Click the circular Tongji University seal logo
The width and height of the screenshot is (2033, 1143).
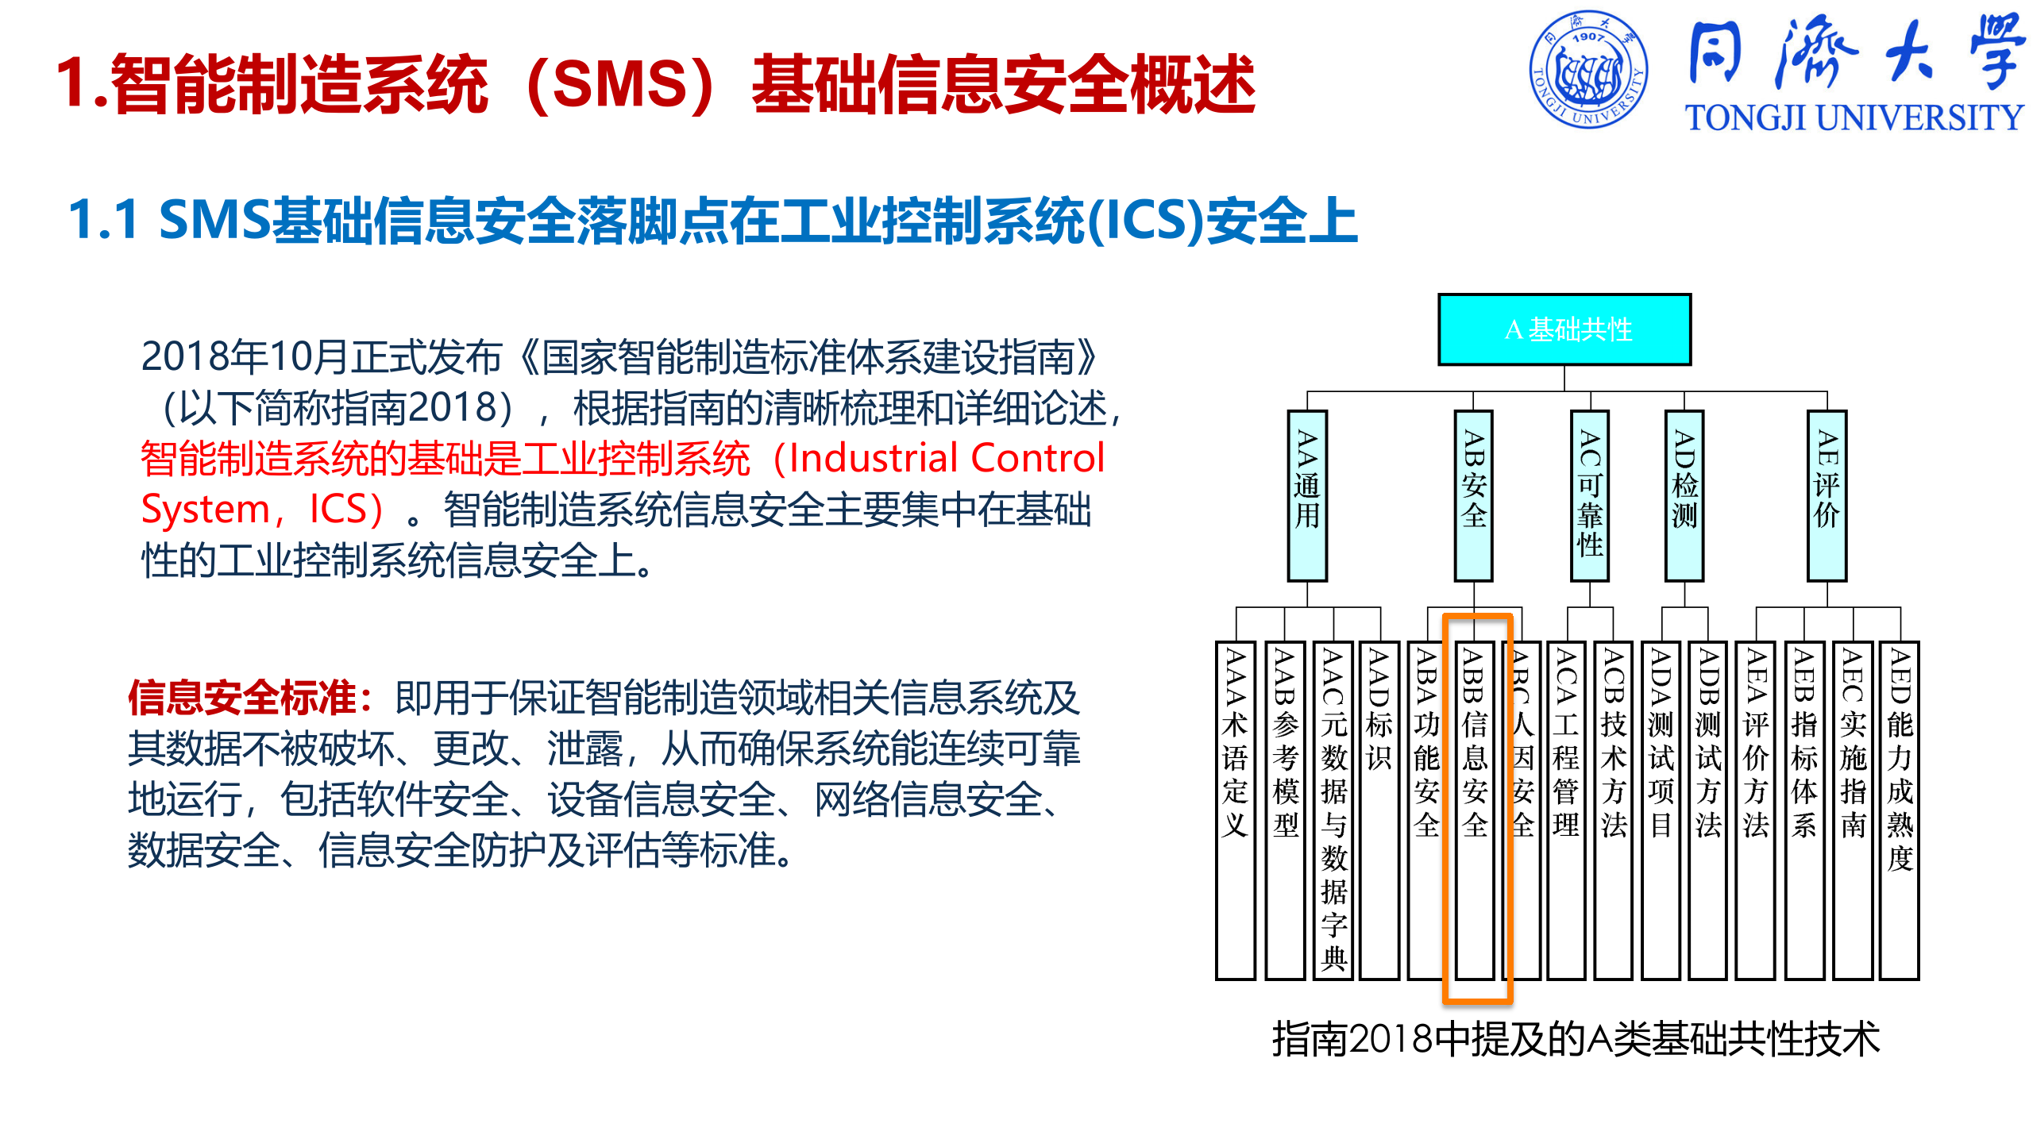[1588, 69]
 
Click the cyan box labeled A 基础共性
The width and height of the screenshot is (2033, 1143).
[1564, 329]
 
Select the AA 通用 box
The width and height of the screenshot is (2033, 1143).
[1307, 495]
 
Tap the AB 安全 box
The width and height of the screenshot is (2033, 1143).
[1473, 495]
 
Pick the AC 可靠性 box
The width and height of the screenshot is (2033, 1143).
[1590, 495]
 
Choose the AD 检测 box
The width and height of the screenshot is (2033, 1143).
[1684, 495]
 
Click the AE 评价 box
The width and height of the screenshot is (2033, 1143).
[1827, 495]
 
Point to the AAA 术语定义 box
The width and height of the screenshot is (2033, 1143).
[1235, 810]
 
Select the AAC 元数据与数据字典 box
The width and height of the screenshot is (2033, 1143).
[1333, 810]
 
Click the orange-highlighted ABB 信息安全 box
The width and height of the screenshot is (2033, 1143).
[1475, 810]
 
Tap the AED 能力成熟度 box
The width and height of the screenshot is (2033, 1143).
[1900, 810]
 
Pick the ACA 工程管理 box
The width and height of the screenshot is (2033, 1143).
[1566, 810]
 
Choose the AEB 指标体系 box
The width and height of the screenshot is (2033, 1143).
[1804, 810]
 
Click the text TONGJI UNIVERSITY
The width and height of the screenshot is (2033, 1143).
[1854, 117]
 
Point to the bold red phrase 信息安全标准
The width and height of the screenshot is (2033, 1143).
[243, 698]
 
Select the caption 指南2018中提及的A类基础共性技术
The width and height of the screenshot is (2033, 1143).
[1576, 1039]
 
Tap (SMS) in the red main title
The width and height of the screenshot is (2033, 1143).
[619, 84]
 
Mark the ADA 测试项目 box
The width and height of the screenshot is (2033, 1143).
[1661, 810]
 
